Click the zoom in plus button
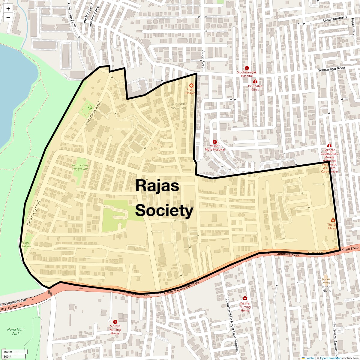click(8, 9)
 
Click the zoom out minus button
click(8, 17)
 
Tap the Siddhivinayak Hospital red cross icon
click(247, 68)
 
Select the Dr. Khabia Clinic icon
click(255, 82)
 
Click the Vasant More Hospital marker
click(215, 142)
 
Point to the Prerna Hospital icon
click(191, 86)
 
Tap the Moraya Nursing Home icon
click(115, 322)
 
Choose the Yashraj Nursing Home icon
click(245, 298)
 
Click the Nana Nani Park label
click(16, 331)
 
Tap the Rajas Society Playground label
click(80, 167)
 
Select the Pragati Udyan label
click(26, 244)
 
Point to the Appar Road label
click(203, 59)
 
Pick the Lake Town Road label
click(72, 15)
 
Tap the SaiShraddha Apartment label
click(178, 106)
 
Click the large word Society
click(164, 211)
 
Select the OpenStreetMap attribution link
click(330, 358)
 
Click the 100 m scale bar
click(15, 352)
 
